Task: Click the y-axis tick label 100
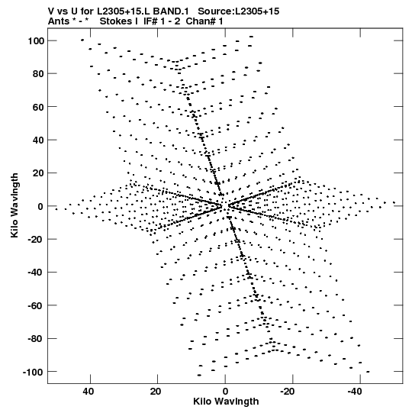coord(36,41)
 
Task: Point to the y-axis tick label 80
coord(38,74)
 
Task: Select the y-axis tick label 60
coord(38,107)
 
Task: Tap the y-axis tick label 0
coord(40,206)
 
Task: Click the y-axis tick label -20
coord(36,240)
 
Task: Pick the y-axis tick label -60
coord(36,306)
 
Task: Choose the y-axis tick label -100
coord(34,373)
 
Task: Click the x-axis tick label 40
coord(88,392)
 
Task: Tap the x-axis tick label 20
coord(156,392)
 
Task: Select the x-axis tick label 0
coord(225,392)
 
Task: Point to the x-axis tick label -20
coord(287,392)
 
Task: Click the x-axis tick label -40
coord(355,392)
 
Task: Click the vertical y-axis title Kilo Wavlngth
coord(14,205)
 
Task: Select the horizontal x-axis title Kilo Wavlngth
coord(226,402)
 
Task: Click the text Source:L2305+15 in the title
coord(239,11)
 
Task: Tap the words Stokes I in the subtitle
coord(119,21)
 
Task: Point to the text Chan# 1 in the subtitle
coord(204,21)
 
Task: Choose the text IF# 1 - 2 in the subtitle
coord(162,21)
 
